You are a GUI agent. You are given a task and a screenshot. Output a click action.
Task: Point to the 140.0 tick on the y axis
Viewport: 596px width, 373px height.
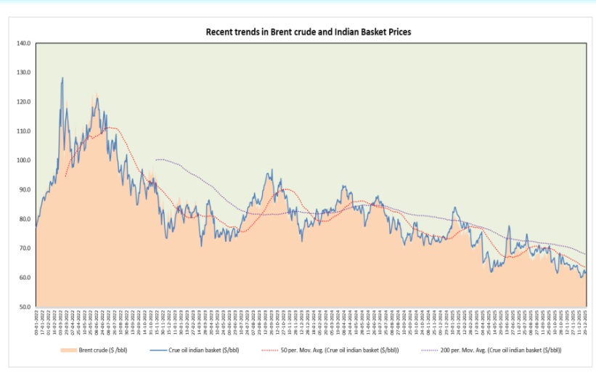23,44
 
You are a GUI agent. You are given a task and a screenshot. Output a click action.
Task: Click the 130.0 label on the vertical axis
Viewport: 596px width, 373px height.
23,73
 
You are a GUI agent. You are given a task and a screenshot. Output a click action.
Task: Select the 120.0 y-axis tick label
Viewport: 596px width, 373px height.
23,102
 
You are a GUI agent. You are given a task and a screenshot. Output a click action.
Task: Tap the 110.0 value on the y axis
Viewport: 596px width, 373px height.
23,131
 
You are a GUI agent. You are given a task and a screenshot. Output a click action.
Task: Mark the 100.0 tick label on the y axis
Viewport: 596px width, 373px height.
23,160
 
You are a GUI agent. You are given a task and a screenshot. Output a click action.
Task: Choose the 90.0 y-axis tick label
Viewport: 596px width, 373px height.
23,190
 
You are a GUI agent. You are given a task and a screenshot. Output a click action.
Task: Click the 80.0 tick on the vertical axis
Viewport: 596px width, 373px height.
23,219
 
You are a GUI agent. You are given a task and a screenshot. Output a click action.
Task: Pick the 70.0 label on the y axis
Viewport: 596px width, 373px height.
23,248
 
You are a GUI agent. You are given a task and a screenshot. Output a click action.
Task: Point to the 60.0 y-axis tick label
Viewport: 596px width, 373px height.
23,278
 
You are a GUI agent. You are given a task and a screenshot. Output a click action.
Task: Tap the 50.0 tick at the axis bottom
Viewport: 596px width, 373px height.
23,307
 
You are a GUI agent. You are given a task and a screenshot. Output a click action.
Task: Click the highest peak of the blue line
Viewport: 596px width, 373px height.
62,78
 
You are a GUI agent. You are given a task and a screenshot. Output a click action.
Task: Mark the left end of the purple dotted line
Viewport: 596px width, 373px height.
155,160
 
